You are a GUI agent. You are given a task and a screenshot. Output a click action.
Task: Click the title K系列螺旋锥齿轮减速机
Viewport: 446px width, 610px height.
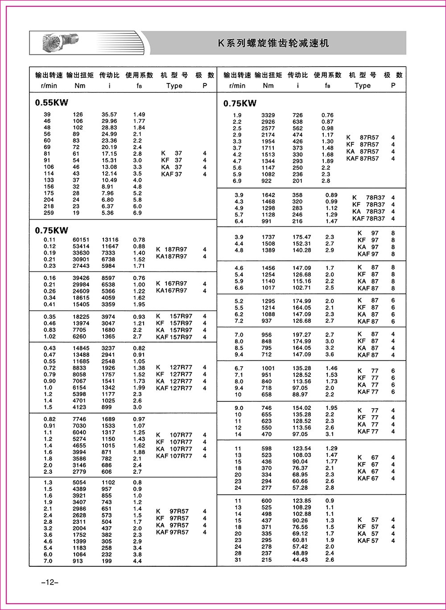273,43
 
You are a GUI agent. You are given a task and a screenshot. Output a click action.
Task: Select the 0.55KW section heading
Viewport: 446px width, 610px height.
52,102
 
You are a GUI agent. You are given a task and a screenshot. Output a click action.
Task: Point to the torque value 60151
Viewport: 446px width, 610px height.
81,240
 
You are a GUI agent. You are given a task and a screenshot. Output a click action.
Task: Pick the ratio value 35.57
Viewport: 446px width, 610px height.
109,114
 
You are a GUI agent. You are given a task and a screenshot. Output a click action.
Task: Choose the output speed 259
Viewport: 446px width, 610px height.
49,213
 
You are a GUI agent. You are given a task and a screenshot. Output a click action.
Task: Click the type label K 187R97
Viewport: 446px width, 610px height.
172,249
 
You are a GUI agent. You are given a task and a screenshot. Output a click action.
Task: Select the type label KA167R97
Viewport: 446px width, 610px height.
172,291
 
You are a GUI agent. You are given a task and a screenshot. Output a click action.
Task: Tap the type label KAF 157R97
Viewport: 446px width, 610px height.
174,337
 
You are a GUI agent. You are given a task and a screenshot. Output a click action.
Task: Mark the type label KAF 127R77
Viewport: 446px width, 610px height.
174,388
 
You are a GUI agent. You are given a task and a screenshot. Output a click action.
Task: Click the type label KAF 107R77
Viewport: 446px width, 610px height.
174,456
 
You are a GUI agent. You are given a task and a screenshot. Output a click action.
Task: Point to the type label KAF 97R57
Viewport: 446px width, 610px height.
172,532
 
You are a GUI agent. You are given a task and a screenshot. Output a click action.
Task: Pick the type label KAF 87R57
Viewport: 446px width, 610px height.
363,159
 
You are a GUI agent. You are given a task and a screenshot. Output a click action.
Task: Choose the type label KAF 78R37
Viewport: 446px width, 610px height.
368,218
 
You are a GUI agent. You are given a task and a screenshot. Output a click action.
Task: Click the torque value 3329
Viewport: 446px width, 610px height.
268,115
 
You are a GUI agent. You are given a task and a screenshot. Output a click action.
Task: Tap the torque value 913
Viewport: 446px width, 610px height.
78,561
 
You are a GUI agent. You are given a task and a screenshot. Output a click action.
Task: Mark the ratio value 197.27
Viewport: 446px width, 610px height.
301,334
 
